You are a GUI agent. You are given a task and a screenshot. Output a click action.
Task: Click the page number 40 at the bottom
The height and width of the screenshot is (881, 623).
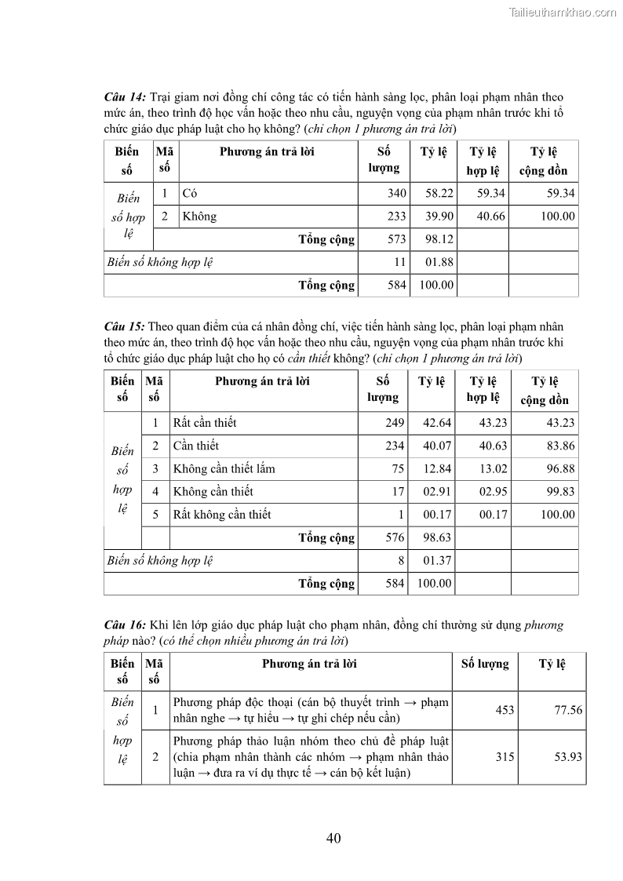[x=333, y=839]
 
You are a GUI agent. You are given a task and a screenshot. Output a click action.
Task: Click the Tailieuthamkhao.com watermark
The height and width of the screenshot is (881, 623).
[x=563, y=12]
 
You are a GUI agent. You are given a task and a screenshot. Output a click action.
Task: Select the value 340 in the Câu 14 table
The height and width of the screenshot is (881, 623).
[x=397, y=194]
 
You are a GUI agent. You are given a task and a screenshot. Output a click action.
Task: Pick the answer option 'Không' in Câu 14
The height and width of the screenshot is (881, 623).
[x=199, y=217]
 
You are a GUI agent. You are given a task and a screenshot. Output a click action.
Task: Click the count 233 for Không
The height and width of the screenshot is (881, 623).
[x=397, y=217]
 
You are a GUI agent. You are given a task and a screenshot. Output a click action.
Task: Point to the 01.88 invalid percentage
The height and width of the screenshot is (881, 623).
[x=439, y=262]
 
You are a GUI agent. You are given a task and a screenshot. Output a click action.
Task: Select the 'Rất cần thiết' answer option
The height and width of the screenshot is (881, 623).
[x=204, y=423]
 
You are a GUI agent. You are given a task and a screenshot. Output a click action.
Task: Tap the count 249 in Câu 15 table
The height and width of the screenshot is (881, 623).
[x=394, y=423]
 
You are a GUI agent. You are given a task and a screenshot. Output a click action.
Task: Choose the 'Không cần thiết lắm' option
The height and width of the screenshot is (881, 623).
[x=224, y=469]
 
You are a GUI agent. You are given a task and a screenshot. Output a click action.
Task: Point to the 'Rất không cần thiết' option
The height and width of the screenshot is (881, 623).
[x=222, y=515]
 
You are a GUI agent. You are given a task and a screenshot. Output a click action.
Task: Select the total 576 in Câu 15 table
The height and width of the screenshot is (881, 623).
[x=394, y=538]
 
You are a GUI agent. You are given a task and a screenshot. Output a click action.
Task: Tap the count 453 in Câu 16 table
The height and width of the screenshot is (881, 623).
[x=505, y=710]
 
